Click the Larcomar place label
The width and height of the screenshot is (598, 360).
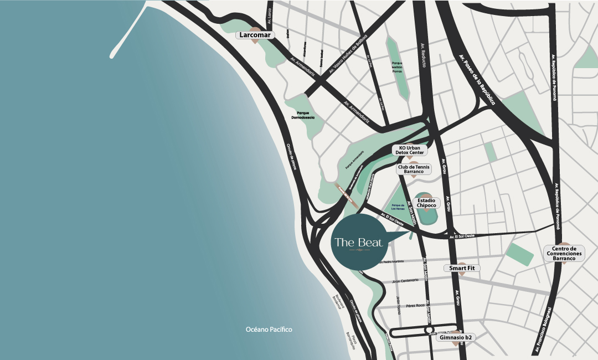tap(256, 35)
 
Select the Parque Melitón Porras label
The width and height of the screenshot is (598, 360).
tap(397, 67)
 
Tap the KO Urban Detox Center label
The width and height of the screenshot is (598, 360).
tap(410, 150)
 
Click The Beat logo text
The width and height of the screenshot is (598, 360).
tap(358, 242)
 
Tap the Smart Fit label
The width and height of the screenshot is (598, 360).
tap(462, 268)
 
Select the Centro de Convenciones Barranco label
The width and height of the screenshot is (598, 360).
tap(564, 253)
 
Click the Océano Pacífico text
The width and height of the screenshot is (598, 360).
tap(269, 330)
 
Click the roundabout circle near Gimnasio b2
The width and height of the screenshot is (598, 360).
tap(429, 330)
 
